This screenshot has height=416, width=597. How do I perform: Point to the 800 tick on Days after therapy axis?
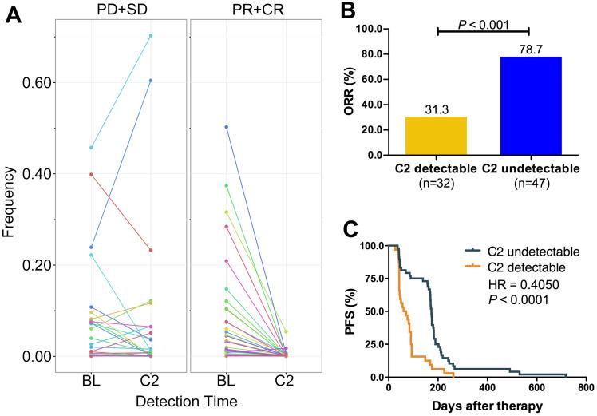point(585,388)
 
